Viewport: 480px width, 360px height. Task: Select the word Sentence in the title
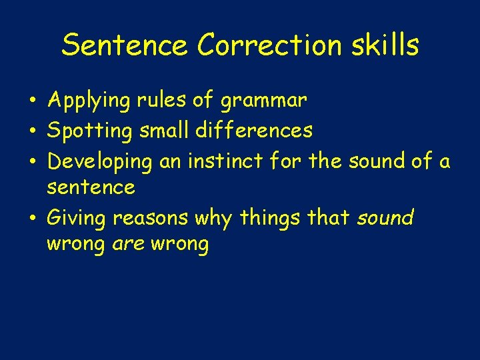[x=125, y=45]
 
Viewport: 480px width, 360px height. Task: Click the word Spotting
[x=90, y=131]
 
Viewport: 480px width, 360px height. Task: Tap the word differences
[x=254, y=130]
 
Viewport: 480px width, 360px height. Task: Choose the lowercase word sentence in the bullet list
[x=91, y=188]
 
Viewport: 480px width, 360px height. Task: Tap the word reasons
[x=151, y=219]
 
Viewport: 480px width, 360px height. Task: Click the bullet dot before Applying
[x=33, y=101]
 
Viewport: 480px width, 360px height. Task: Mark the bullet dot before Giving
[x=33, y=218]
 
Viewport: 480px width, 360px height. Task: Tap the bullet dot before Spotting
[x=33, y=131]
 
